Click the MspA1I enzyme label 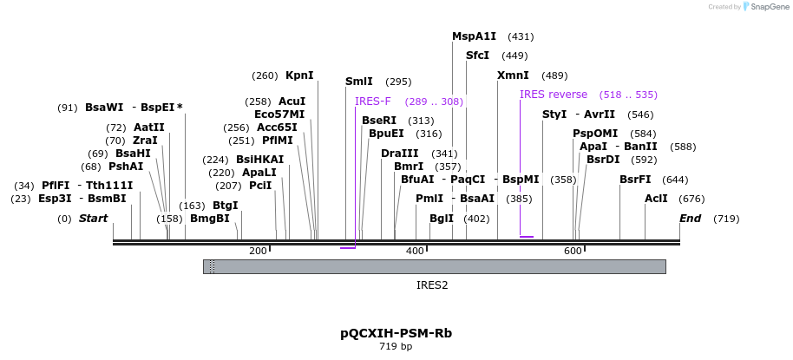(474, 36)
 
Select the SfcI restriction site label (477, 56)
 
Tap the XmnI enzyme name (513, 75)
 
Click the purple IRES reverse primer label (554, 95)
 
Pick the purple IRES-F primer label (373, 101)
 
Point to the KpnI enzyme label (299, 75)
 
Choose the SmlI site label (359, 82)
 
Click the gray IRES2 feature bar (434, 266)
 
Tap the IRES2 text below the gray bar (432, 285)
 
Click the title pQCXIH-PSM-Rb (396, 333)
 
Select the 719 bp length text (396, 347)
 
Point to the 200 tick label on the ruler (258, 252)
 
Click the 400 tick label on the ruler (415, 252)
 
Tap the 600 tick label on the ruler (573, 252)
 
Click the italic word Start (94, 219)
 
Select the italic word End (691, 219)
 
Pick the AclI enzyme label (656, 199)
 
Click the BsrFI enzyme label (635, 180)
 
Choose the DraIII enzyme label (399, 154)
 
